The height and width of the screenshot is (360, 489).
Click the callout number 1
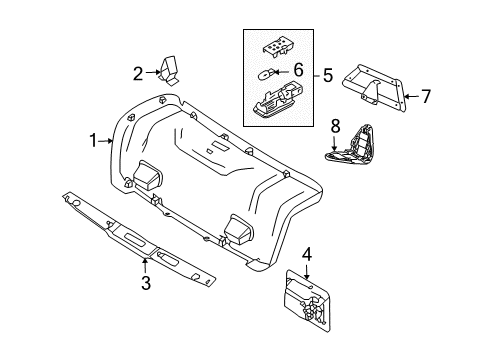pyautogui.click(x=94, y=141)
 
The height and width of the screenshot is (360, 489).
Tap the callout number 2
pyautogui.click(x=138, y=74)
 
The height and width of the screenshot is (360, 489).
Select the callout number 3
pyautogui.click(x=146, y=283)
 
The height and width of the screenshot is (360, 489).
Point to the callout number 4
pyautogui.click(x=307, y=254)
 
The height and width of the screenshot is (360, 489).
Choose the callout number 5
pyautogui.click(x=328, y=75)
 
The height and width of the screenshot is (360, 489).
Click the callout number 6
pyautogui.click(x=298, y=70)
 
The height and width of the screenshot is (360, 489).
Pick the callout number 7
pyautogui.click(x=426, y=97)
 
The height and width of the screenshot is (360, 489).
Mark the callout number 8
pyautogui.click(x=335, y=126)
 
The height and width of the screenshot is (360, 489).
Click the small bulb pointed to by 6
pyautogui.click(x=266, y=74)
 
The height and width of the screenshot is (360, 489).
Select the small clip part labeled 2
pyautogui.click(x=170, y=71)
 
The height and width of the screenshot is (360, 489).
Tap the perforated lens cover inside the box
pyautogui.click(x=276, y=45)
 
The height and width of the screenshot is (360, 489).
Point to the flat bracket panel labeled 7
pyautogui.click(x=375, y=88)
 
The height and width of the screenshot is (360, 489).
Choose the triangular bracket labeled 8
pyautogui.click(x=351, y=145)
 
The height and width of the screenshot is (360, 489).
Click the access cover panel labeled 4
pyautogui.click(x=307, y=300)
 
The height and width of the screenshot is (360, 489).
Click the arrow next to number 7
pyautogui.click(x=411, y=97)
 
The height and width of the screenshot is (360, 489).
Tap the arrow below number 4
pyautogui.click(x=307, y=271)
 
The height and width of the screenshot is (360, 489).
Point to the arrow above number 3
pyautogui.click(x=145, y=266)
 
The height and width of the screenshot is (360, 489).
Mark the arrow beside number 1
pyautogui.click(x=106, y=141)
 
